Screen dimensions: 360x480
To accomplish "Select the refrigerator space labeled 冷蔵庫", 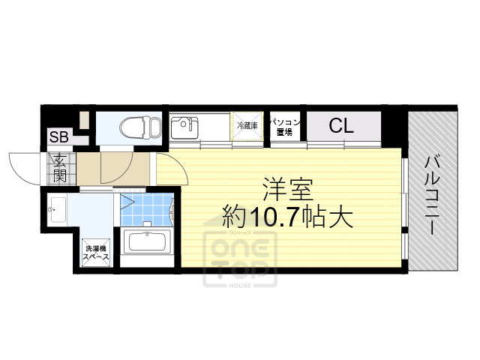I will click(247, 126).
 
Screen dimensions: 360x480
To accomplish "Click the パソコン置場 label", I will click(284, 125).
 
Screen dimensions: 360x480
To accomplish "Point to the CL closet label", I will click(340, 125).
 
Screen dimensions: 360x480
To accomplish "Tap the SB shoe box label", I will click(58, 137).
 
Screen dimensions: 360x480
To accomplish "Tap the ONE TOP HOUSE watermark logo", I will click(239, 259).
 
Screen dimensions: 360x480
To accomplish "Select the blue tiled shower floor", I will click(147, 210).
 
